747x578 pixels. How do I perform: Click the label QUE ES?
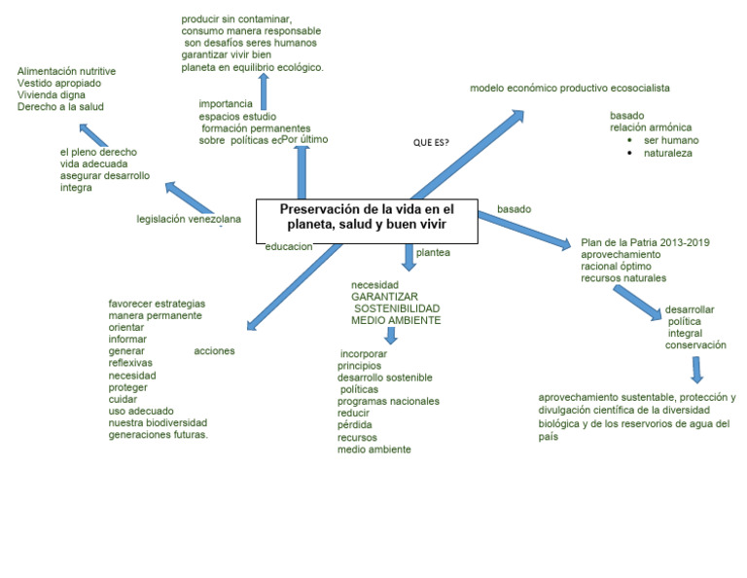pos(431,142)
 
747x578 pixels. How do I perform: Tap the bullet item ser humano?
pos(671,140)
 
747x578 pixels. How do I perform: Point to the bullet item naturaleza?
pos(668,153)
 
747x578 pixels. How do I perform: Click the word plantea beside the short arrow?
pos(433,253)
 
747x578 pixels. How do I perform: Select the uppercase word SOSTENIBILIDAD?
pos(398,307)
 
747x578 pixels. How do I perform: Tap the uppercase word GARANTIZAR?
pos(385,296)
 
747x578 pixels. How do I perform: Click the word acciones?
pos(214,350)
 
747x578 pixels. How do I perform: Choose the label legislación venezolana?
pos(189,219)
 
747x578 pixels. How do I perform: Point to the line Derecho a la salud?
pos(60,107)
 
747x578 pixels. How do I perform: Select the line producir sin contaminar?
pos(236,18)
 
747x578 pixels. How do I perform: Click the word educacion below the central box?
pos(288,246)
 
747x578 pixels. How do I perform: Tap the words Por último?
pos(304,139)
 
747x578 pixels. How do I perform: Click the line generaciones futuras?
pos(159,434)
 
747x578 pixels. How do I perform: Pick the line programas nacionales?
pos(388,401)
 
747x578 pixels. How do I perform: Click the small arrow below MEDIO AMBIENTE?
pos(390,335)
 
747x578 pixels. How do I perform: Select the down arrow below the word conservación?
pos(696,370)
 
